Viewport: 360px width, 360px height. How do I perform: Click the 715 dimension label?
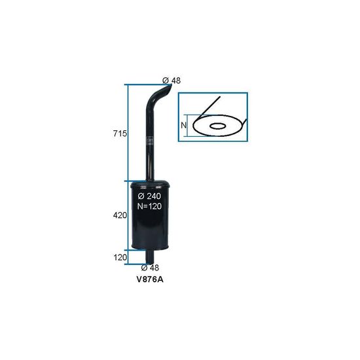120,134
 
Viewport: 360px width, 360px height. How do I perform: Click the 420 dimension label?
120,215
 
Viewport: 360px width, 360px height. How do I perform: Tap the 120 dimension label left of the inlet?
120,258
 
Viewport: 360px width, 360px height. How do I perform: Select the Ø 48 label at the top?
171,81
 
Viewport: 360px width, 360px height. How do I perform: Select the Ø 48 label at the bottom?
150,268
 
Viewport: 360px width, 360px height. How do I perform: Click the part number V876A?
150,279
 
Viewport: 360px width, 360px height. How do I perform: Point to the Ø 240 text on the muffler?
149,196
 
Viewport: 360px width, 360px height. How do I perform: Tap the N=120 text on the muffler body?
149,206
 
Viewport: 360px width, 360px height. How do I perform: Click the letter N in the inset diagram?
184,126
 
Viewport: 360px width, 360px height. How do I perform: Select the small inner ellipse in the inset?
217,126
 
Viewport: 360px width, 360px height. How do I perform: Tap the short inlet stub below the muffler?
150,257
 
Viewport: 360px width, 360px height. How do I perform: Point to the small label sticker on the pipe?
150,141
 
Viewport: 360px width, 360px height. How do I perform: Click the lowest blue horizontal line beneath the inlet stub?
137,264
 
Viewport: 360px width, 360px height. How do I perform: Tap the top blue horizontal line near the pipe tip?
148,84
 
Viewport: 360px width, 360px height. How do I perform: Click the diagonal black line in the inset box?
211,105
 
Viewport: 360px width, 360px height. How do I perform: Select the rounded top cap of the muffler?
150,184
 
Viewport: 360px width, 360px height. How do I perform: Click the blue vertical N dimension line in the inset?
187,126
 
